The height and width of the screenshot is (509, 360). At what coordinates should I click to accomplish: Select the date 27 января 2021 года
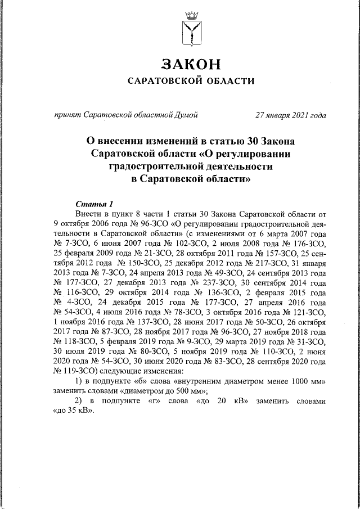pyautogui.click(x=290, y=116)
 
